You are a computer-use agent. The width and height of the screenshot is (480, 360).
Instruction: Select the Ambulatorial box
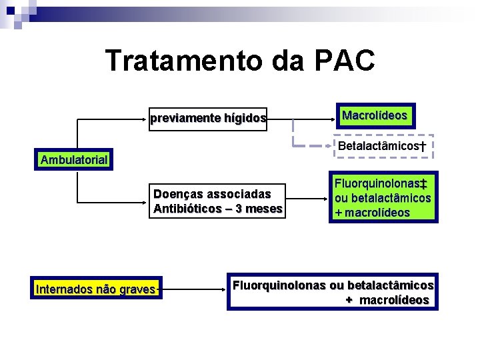pos(74,160)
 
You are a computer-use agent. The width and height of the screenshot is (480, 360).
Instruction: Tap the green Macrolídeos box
pos(374,115)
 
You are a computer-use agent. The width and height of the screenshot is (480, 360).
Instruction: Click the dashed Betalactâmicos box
pos(382,146)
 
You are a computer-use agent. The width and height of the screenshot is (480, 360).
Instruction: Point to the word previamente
pos(180,119)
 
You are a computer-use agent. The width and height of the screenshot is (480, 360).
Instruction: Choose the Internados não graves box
pos(97,290)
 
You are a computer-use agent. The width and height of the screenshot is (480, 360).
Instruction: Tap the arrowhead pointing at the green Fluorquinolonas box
pos(326,198)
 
